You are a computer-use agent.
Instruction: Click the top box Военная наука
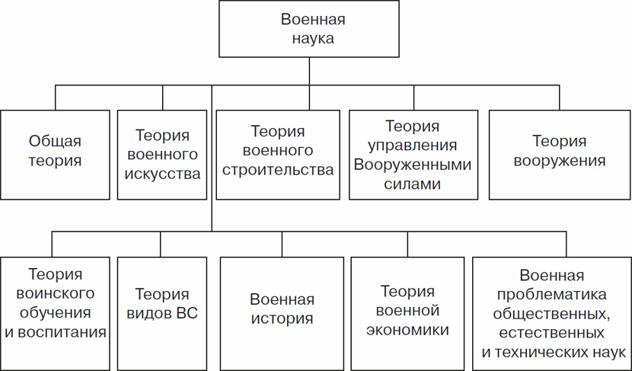[308, 30]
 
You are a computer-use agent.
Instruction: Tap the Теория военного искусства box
[162, 155]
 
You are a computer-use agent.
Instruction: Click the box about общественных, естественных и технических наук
[552, 313]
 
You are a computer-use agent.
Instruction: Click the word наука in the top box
[308, 39]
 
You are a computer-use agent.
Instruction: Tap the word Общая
[55, 141]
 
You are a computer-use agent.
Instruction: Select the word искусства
[162, 174]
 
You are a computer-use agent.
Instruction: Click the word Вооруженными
[413, 165]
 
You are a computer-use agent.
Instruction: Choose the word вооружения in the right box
[560, 161]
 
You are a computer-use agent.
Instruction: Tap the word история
[282, 319]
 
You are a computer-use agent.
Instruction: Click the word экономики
[407, 330]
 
